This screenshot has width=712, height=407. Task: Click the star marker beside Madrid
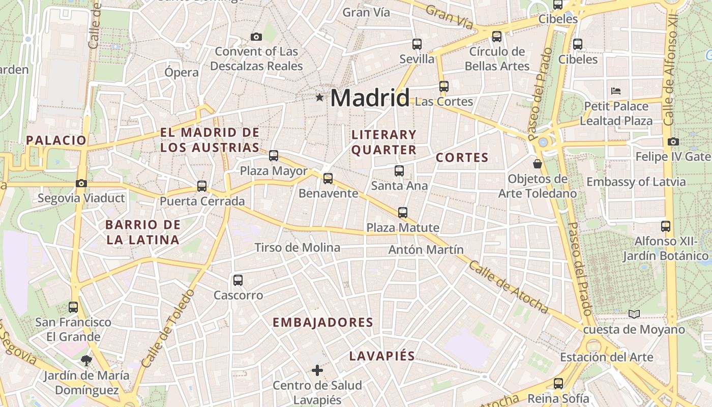319,97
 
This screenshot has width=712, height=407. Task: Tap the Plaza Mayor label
274,171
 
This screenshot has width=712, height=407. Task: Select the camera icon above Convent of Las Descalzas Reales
256,37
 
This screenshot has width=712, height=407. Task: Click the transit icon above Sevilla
417,44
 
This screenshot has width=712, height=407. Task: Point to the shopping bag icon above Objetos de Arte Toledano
538,164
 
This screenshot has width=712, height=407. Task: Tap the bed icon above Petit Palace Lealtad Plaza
616,92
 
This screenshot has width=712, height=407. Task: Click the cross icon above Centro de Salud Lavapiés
317,370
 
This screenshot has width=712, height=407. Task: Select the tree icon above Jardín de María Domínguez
86,361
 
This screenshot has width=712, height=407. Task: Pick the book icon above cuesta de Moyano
634,314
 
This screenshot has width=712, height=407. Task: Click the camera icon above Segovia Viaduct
81,183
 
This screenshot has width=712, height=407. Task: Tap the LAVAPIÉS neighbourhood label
382,356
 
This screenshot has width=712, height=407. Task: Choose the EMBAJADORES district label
323,323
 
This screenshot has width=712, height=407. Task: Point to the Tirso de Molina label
297,248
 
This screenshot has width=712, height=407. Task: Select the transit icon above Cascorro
238,280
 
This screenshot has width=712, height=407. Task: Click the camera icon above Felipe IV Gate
673,141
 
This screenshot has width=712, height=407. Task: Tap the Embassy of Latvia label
636,182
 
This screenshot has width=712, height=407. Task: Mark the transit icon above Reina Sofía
558,384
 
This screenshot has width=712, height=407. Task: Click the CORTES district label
462,158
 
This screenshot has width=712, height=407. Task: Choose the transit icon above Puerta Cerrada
202,186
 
